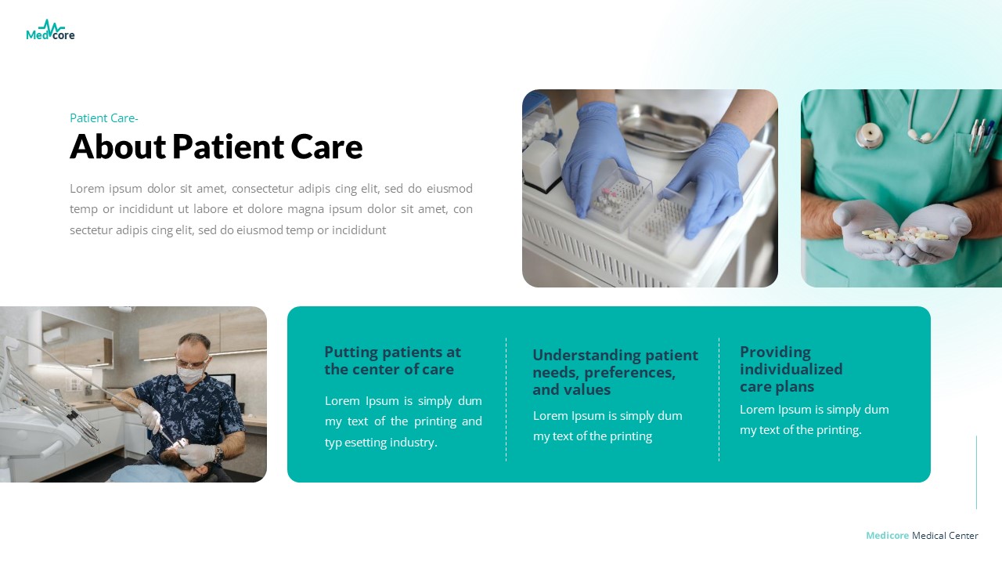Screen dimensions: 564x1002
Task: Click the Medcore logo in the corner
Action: click(50, 31)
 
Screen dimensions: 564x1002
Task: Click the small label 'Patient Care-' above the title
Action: click(104, 118)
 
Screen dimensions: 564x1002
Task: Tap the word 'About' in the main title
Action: click(117, 146)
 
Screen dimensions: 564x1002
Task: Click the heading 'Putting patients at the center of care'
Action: click(392, 360)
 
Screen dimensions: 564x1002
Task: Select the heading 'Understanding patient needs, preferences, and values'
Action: click(615, 372)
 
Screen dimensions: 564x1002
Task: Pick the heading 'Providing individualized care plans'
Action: click(791, 369)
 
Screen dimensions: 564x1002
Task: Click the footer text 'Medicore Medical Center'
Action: click(921, 536)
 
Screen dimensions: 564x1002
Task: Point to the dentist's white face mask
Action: click(189, 374)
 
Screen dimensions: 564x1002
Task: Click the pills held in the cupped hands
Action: click(904, 233)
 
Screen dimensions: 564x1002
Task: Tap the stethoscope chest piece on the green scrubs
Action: click(868, 136)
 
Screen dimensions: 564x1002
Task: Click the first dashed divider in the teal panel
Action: click(506, 399)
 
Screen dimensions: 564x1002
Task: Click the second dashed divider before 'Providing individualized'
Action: click(719, 399)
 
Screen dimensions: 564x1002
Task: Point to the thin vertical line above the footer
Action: click(976, 472)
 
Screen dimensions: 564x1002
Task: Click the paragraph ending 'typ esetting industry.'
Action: click(403, 421)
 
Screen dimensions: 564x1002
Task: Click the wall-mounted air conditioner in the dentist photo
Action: click(55, 335)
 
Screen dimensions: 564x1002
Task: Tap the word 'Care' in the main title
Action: click(326, 146)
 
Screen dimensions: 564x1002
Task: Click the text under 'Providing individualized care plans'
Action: click(814, 420)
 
